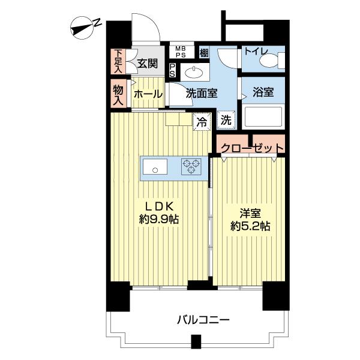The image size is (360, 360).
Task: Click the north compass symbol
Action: [x=82, y=28]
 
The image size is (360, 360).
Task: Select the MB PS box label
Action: [x=181, y=52]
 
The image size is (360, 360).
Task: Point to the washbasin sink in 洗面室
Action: [x=194, y=73]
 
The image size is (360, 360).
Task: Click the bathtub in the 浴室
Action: [x=263, y=117]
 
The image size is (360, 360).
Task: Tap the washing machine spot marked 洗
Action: [x=226, y=120]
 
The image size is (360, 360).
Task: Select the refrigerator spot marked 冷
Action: [x=202, y=122]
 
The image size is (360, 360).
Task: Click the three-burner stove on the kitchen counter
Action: [x=191, y=166]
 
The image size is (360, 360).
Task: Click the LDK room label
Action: [x=159, y=207]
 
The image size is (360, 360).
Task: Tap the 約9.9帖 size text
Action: [x=159, y=220]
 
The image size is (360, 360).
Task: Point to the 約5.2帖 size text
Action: [x=250, y=227]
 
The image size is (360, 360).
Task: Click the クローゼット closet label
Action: [x=252, y=148]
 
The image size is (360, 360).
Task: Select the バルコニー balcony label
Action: [x=203, y=320]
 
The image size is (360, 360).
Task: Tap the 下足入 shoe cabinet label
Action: [x=118, y=61]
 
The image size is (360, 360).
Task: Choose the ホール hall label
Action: [x=148, y=94]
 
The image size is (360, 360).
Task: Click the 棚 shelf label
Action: [x=204, y=53]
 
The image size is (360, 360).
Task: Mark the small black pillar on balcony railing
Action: [x=196, y=341]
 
